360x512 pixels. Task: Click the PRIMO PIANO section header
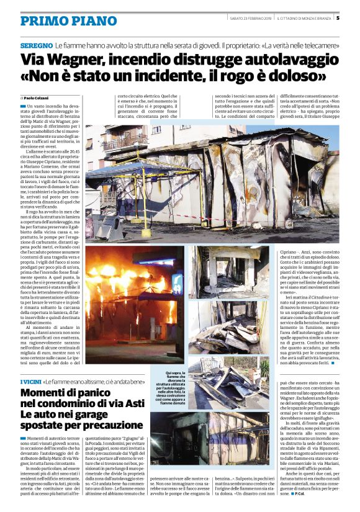(x=60, y=21)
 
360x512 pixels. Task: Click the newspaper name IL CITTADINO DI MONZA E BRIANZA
(x=304, y=18)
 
